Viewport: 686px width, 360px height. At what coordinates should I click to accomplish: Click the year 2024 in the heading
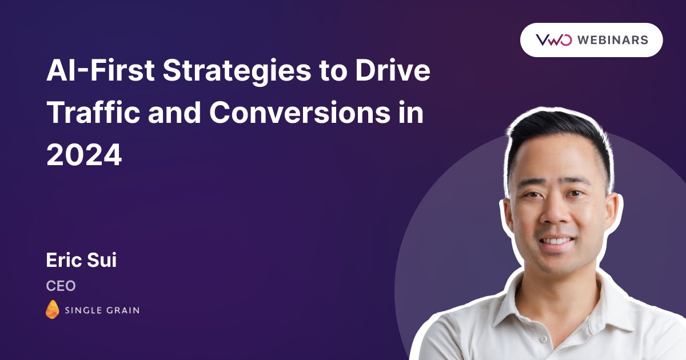click(x=84, y=155)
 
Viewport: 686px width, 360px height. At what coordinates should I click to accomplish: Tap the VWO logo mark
click(x=553, y=40)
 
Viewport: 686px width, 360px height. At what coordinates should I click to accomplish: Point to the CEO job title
click(x=61, y=286)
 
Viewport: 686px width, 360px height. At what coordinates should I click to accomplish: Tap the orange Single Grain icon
click(x=52, y=310)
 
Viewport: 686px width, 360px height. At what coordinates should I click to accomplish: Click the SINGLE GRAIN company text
click(x=102, y=310)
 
